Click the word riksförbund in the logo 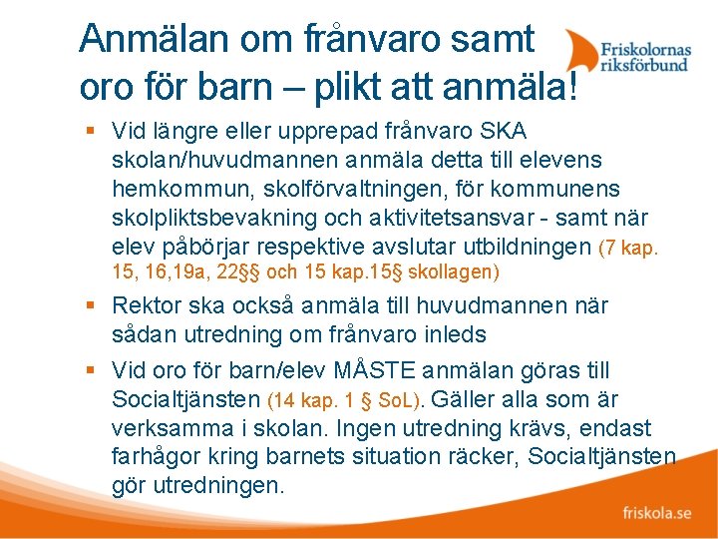click(645, 66)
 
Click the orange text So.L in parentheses click(398, 400)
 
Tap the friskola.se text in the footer click(656, 513)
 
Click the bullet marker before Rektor click(91, 305)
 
